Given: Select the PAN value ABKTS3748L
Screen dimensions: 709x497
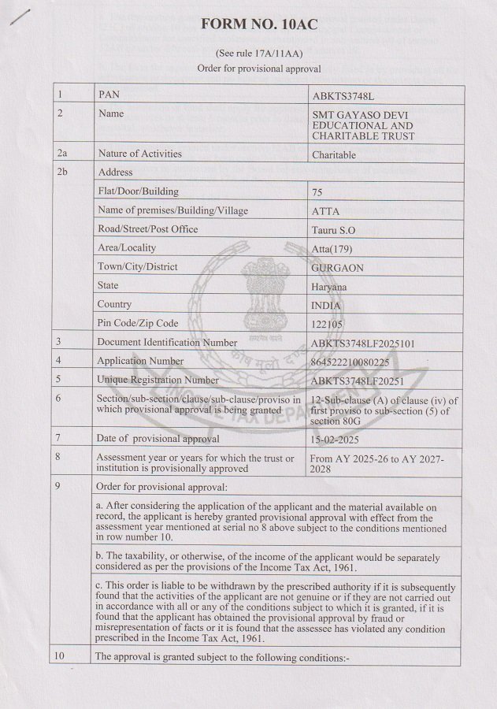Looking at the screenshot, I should [344, 95].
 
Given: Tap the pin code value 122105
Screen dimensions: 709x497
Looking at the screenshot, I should [328, 324].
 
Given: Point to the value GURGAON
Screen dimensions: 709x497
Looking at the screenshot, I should [338, 268].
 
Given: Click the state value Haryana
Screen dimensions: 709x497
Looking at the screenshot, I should [329, 287].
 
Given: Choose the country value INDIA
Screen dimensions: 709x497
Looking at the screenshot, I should [327, 306].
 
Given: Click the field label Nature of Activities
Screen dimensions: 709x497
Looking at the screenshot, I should [139, 154].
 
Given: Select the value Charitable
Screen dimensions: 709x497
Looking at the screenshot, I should [334, 155].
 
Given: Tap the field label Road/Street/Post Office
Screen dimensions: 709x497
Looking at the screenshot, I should [147, 229].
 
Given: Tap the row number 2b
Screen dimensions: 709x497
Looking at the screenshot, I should [63, 173].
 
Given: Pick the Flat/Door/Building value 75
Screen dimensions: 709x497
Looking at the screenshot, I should [317, 192].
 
